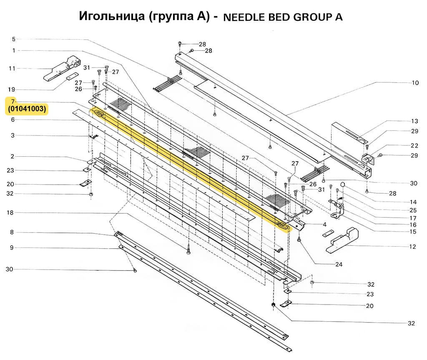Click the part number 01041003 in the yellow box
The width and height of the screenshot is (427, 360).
coord(27,110)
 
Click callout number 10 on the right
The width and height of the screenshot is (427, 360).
coord(415,83)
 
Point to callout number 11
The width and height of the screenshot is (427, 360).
coord(12,68)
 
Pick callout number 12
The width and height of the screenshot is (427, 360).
coord(412,247)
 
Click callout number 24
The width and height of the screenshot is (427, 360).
coord(338,264)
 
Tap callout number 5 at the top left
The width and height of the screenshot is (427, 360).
coord(13,39)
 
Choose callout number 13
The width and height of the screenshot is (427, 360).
coord(414,121)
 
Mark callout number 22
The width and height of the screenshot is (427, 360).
coord(414,145)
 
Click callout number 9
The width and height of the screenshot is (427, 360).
coord(12,247)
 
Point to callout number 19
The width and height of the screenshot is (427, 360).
coord(12,90)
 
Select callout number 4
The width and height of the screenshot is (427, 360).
coord(324,225)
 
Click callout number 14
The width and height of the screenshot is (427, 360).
coord(413,202)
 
